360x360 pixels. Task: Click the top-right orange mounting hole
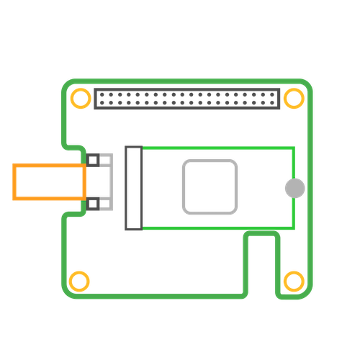(x=293, y=97)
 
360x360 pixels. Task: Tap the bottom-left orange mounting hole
(x=79, y=280)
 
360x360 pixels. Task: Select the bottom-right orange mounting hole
(x=293, y=280)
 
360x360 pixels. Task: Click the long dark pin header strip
(x=186, y=98)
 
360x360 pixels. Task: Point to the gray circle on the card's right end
(x=294, y=188)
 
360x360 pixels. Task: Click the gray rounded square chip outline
(x=210, y=187)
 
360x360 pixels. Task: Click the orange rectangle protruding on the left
(x=48, y=182)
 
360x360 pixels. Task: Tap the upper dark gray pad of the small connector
(x=94, y=158)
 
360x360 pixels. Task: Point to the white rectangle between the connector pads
(x=99, y=181)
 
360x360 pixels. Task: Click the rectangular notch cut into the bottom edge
(x=261, y=263)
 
